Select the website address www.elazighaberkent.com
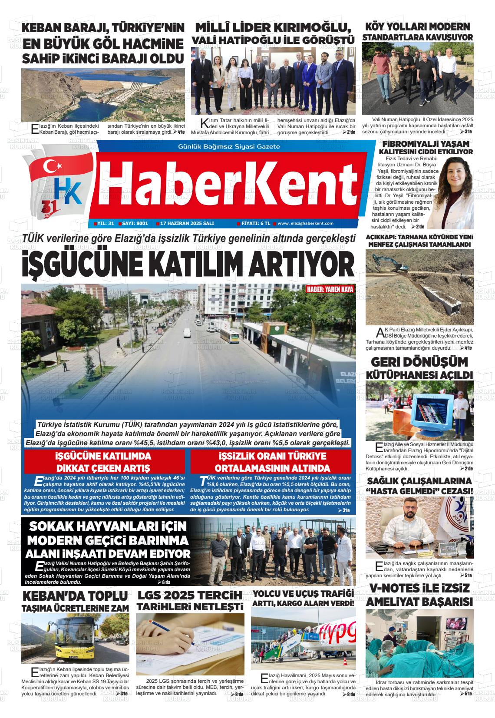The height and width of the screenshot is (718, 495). point(305,223)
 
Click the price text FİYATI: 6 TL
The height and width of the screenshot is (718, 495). point(256,223)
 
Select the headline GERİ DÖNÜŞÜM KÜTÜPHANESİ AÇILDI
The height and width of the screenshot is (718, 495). point(419,367)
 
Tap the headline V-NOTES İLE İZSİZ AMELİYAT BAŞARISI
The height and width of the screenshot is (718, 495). point(419,595)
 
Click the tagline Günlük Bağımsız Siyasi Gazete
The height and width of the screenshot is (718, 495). point(229,147)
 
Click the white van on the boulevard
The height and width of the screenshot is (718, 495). point(187,332)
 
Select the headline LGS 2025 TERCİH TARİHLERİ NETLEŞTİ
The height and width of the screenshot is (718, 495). point(190,600)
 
